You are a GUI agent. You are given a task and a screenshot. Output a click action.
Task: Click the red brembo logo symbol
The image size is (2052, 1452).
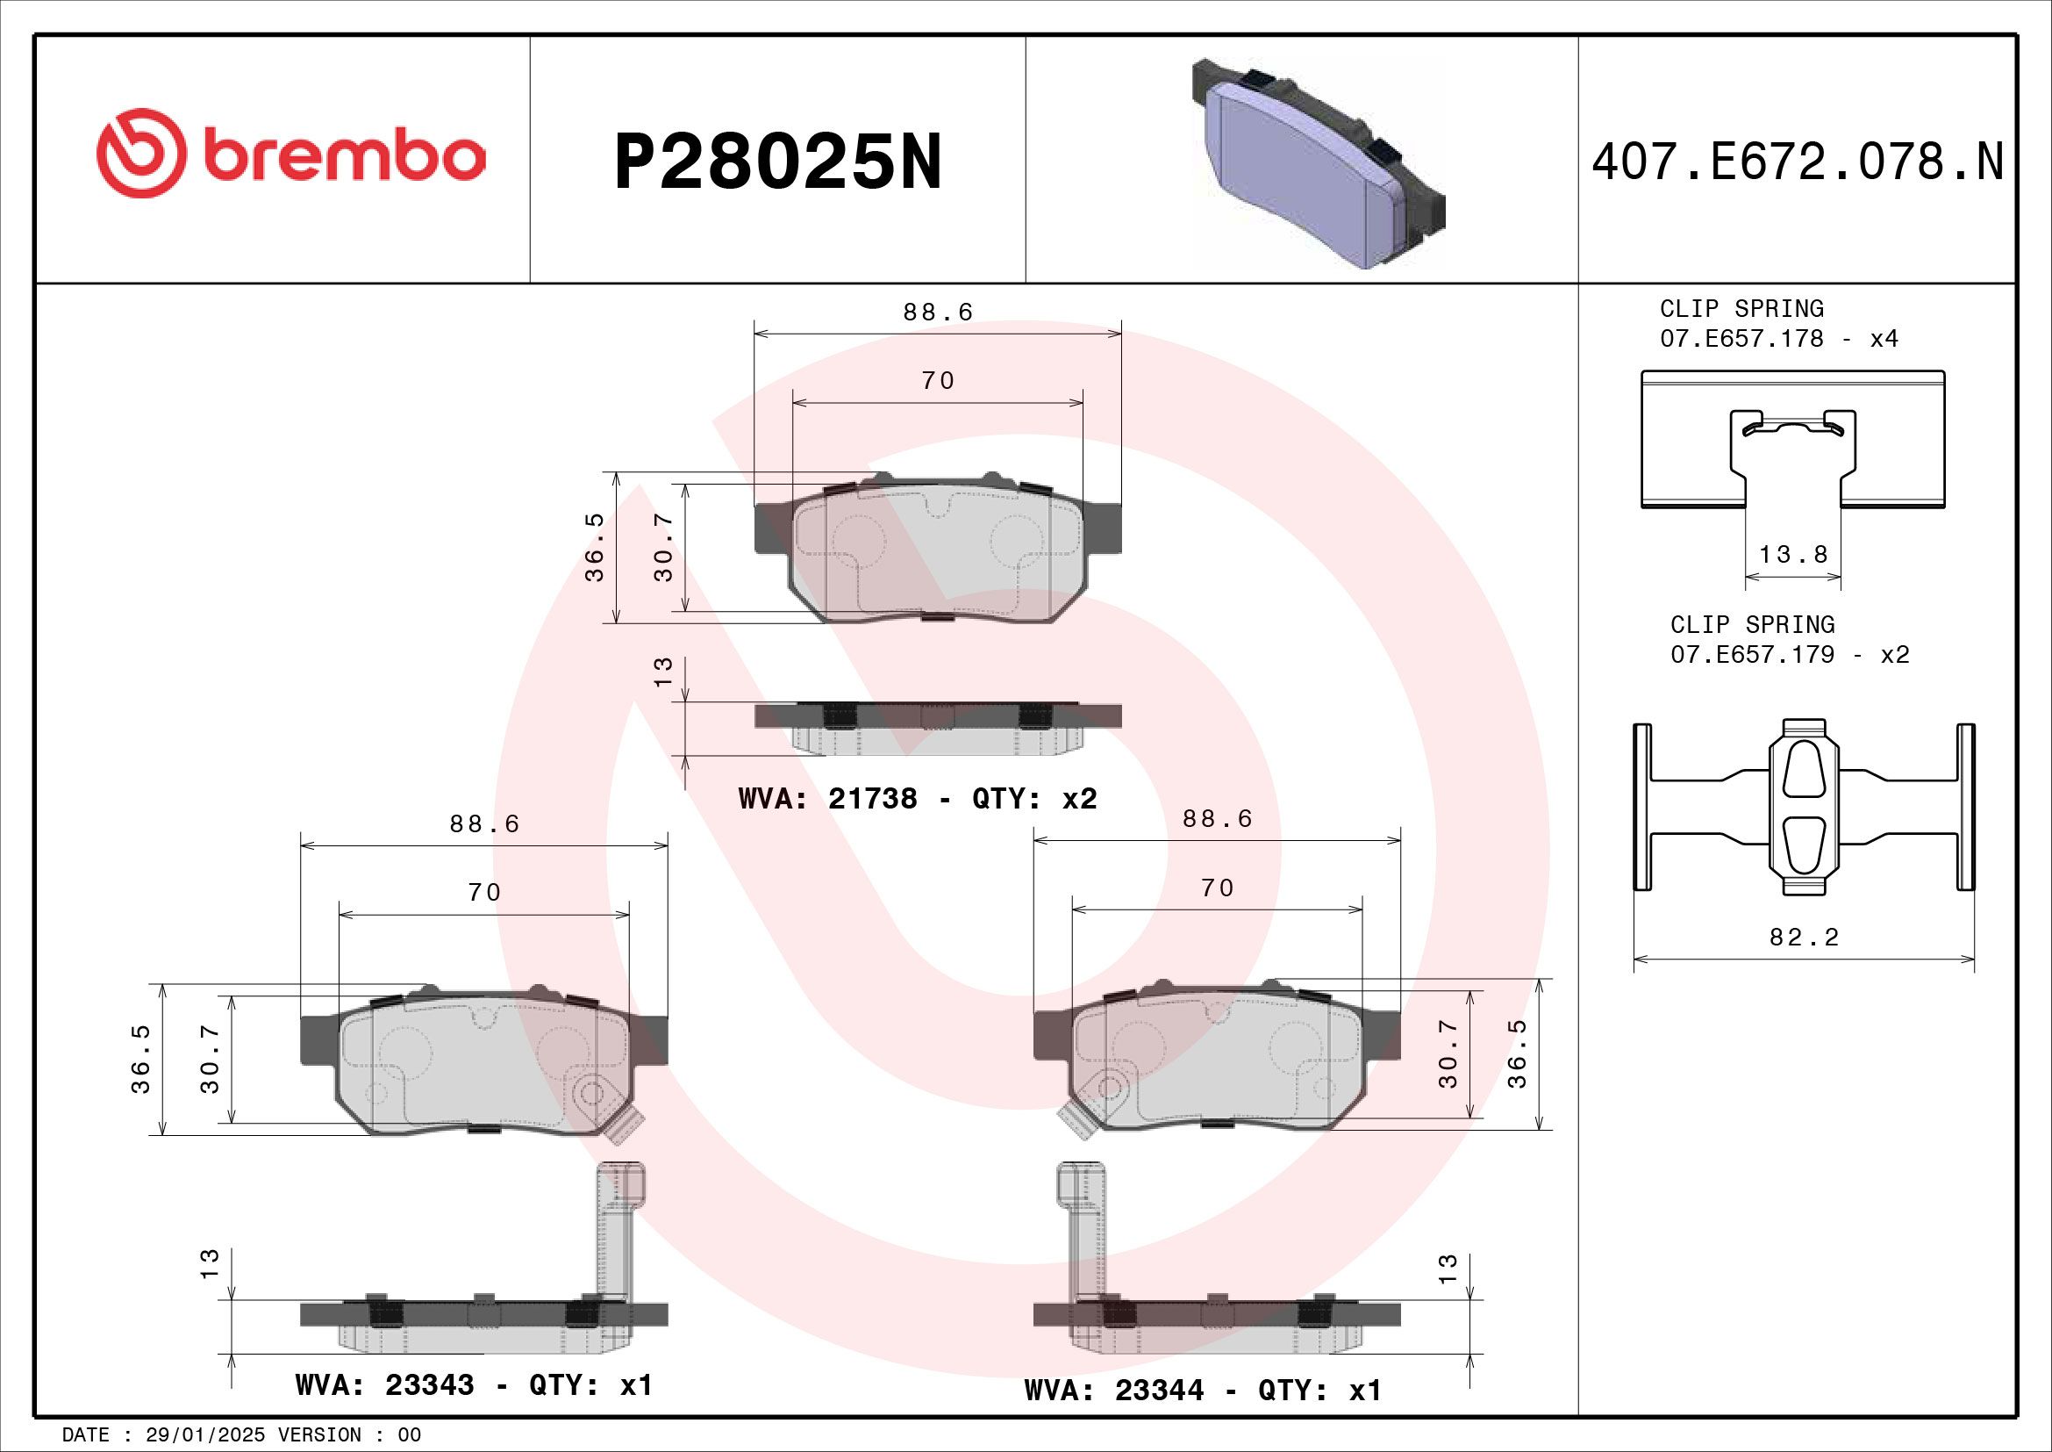141,154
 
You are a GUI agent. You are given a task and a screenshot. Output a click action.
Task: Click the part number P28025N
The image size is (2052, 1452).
777,162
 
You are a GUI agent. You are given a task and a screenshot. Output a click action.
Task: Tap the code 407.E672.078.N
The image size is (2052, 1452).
1798,162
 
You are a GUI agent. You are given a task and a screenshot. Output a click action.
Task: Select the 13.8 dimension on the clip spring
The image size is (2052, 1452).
1793,554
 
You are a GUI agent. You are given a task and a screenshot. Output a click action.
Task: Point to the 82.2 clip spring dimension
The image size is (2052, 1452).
1804,937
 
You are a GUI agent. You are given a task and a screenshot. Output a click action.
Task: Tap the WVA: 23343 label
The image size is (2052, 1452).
384,1385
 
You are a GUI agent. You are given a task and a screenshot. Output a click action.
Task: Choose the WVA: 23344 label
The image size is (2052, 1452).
1113,1391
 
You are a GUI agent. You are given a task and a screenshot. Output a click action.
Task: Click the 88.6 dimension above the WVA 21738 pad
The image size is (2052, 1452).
938,312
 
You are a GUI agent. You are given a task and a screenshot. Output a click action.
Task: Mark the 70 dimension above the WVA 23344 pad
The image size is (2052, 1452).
1218,888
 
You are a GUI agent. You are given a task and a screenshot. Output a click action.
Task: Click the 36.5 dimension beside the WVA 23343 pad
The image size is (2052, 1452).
141,1060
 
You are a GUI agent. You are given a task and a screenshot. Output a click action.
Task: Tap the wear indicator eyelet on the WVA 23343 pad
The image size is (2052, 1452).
590,1093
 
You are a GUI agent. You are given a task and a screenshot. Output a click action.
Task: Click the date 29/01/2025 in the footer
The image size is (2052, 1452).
204,1435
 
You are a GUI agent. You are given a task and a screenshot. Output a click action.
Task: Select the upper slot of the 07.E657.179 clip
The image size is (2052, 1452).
1803,768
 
